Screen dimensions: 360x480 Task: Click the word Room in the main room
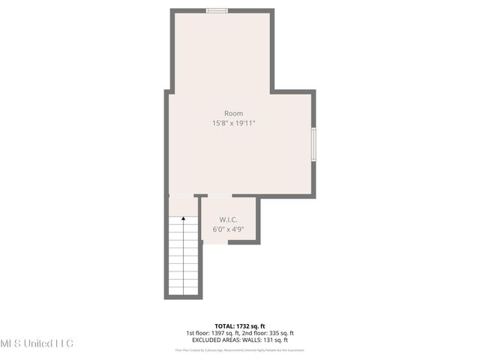pyautogui.click(x=233, y=113)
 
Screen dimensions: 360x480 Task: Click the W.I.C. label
pyautogui.click(x=229, y=220)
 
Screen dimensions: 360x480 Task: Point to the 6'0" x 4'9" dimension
pyautogui.click(x=229, y=229)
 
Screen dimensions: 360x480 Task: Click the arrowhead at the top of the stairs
pyautogui.click(x=184, y=219)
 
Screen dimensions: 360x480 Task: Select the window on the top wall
pyautogui.click(x=217, y=10)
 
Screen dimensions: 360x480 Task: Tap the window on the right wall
pyautogui.click(x=313, y=143)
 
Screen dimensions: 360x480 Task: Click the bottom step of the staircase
pyautogui.click(x=184, y=290)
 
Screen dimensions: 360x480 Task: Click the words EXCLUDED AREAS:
pyautogui.click(x=217, y=340)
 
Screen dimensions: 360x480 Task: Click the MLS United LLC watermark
pyautogui.click(x=37, y=343)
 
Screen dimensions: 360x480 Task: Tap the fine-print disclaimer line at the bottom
pyautogui.click(x=240, y=349)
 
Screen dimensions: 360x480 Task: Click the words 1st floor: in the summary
pyautogui.click(x=199, y=333)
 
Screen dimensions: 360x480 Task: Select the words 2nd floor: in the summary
pyautogui.click(x=253, y=333)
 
